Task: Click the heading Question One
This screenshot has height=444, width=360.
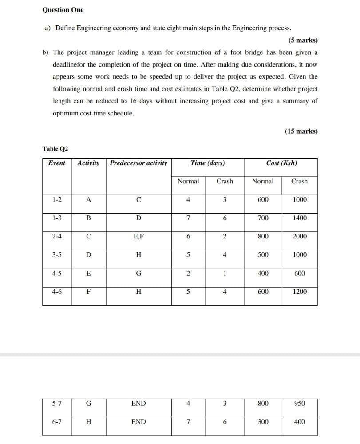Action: point(63,10)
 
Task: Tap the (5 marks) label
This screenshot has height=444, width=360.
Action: point(303,40)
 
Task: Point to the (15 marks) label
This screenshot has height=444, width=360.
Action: point(301,131)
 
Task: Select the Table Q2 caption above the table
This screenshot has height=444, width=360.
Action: point(55,149)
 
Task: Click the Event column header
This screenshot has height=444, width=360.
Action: point(56,163)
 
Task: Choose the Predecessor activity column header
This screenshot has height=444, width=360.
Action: point(138,163)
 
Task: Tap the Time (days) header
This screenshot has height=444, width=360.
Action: point(207,163)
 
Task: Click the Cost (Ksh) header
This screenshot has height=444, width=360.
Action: point(281,163)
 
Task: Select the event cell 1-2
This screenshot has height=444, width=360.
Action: point(57,200)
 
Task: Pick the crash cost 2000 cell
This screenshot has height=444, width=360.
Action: point(300,237)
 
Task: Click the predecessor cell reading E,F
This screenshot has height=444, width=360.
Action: point(138,237)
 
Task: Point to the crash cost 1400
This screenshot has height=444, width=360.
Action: point(300,218)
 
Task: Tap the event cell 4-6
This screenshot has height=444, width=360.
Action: point(57,292)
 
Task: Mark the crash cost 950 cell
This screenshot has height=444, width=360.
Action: point(300,404)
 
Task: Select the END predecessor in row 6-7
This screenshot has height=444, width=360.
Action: point(138,422)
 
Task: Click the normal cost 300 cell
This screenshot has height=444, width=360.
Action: point(263,422)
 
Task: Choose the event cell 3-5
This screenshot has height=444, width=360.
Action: point(57,255)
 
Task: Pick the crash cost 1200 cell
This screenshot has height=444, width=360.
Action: point(300,292)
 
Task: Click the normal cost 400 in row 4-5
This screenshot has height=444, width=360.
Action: point(263,274)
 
